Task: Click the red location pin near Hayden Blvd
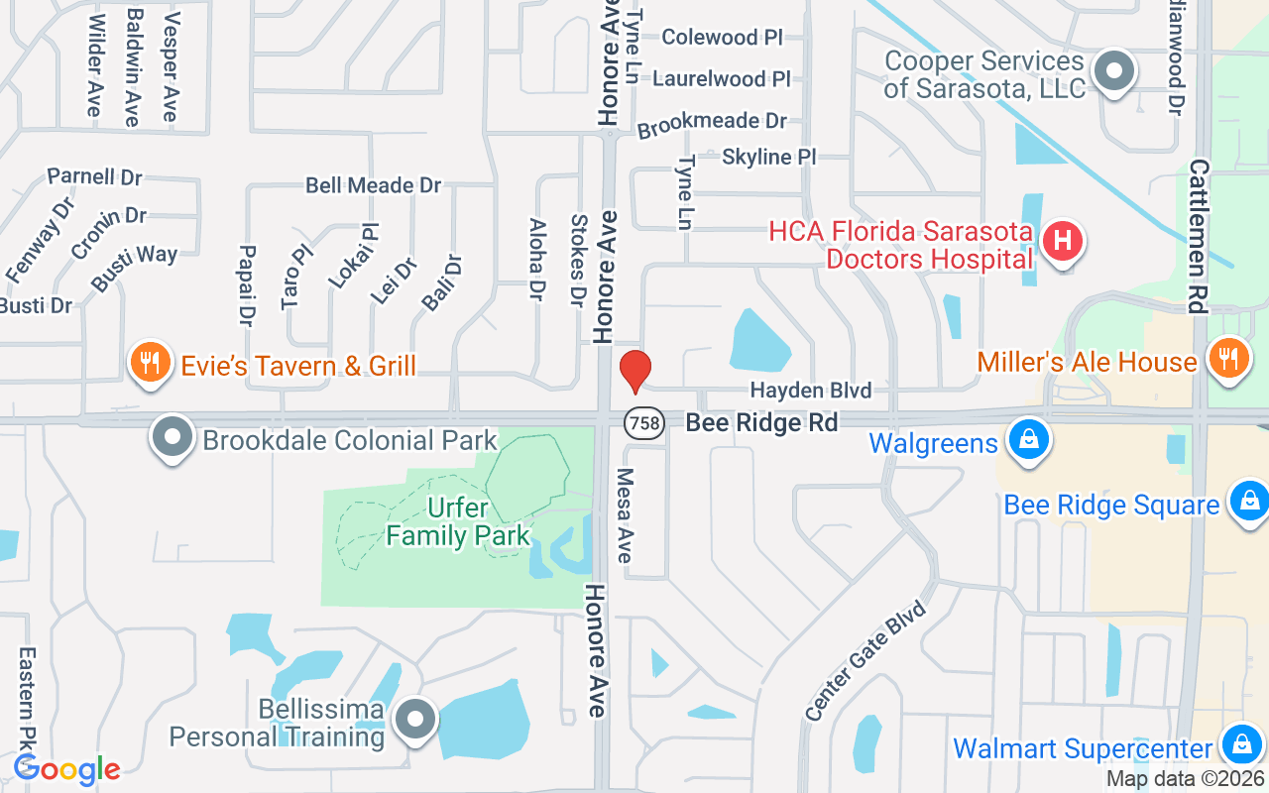634,371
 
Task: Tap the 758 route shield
643,423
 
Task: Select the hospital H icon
1062,241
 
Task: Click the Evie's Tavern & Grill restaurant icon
149,364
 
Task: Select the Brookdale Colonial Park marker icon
173,436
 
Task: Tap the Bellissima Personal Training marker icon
414,720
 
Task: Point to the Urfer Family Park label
458,522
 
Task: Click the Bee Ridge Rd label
761,423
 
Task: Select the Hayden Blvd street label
810,391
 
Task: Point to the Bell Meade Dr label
373,185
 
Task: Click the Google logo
66,769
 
